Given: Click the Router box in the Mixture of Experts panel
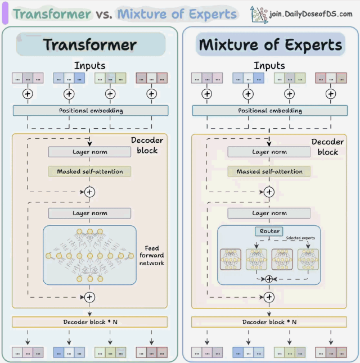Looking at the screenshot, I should [269, 232].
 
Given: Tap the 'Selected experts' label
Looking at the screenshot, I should [300, 238].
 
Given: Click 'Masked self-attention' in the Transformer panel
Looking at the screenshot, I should [89, 171].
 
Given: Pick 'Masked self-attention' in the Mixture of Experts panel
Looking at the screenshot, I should [269, 171].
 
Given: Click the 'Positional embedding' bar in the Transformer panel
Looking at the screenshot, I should [91, 111].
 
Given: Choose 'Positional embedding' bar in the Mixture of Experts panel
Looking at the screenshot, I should [269, 111].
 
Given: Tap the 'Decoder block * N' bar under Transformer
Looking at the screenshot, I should [90, 322].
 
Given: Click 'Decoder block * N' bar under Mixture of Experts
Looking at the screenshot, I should [269, 322].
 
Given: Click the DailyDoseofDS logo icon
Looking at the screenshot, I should [259, 14].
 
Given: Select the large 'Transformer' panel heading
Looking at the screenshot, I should [90, 44].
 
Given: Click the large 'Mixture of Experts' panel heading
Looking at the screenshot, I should [270, 44].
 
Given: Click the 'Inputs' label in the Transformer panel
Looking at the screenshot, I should [90, 65].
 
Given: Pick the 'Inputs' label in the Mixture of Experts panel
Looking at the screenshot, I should [269, 65].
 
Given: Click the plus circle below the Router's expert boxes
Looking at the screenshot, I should [269, 279].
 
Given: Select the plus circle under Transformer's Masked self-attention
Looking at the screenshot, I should [89, 192].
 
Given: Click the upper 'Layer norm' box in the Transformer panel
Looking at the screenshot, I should [89, 152].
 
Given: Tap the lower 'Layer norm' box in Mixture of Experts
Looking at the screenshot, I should [269, 214].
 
